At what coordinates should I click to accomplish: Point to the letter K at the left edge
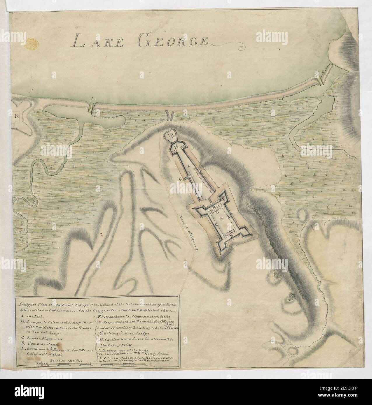tap(16, 116)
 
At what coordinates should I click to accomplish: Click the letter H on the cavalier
tap(176, 146)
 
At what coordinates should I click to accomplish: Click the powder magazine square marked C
tap(223, 198)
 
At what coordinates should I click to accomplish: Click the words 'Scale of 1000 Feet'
tap(67, 360)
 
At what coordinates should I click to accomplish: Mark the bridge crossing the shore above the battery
tap(170, 115)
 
